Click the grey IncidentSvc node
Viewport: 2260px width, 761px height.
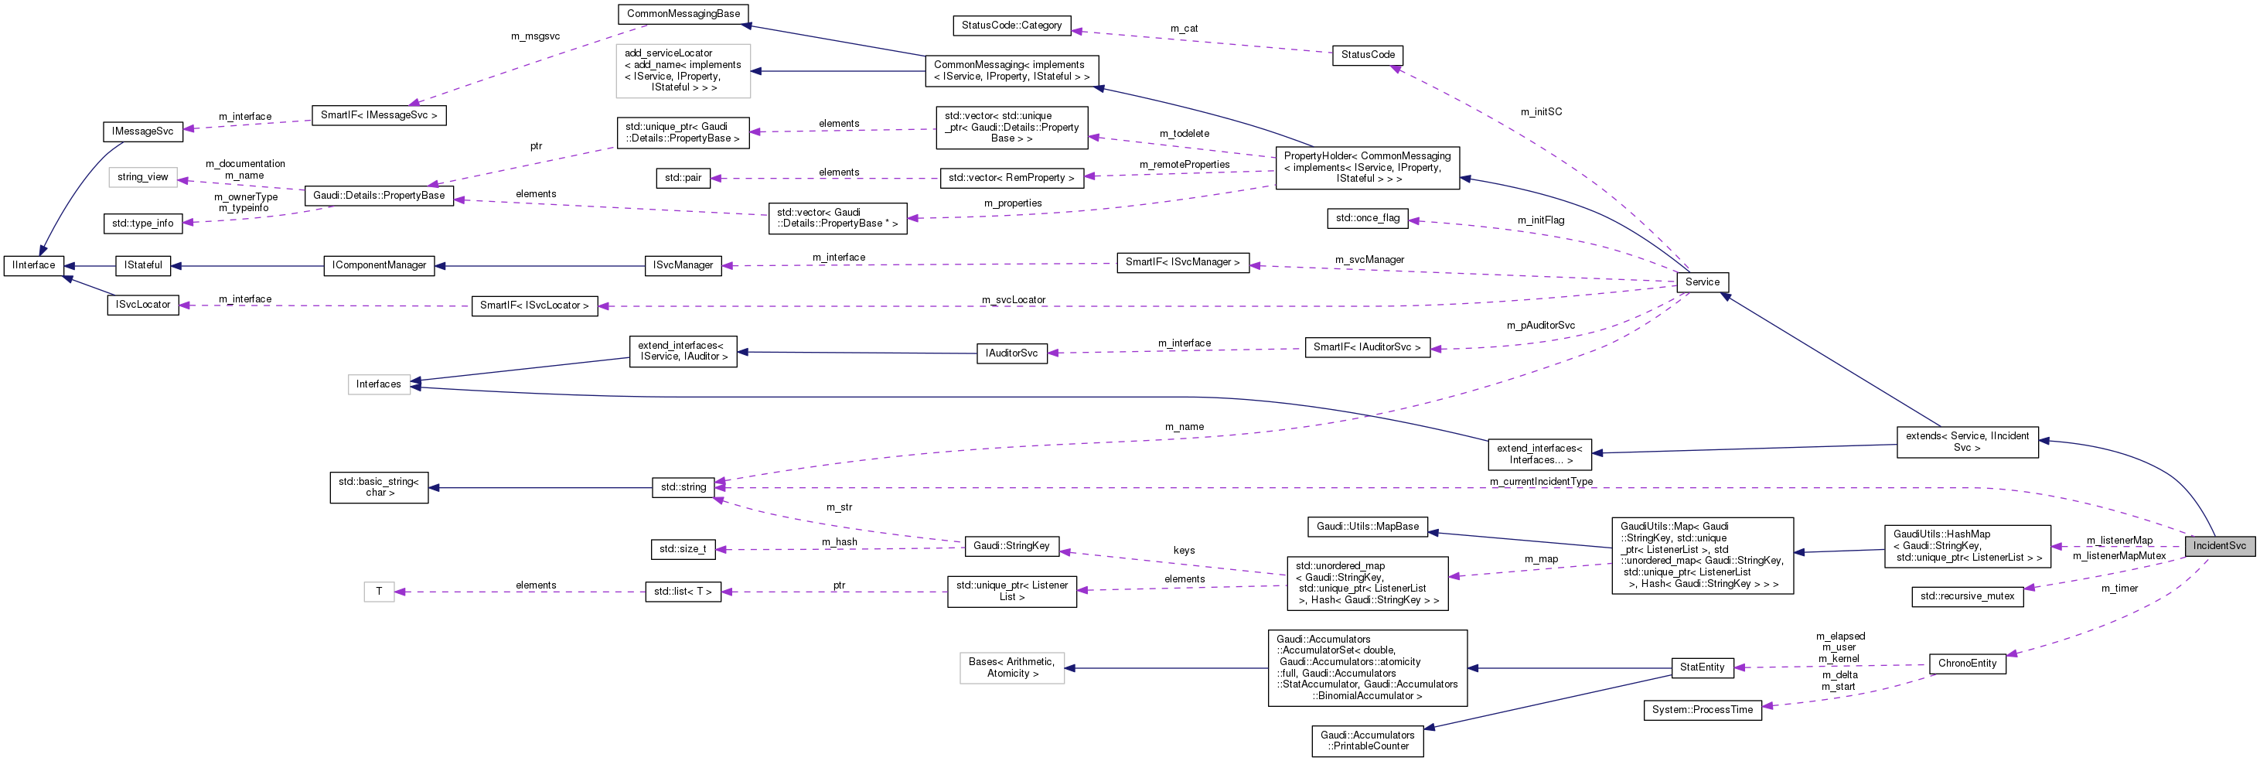tap(2219, 545)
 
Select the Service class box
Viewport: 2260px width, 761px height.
tap(1701, 282)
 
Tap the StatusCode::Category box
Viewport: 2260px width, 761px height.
tap(1011, 26)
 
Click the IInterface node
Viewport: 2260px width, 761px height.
tap(33, 265)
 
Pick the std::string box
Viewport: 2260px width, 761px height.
tap(683, 487)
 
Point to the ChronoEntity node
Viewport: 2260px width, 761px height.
tap(1966, 664)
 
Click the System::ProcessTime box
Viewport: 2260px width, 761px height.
tap(1701, 710)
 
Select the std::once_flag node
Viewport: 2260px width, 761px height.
tap(1367, 217)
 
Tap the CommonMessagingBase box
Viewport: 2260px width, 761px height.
tap(683, 14)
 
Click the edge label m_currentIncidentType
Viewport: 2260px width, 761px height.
tap(1541, 481)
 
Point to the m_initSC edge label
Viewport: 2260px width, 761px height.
tap(1541, 111)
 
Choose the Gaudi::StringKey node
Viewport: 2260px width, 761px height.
tap(1011, 546)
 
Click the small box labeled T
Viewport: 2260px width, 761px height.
tap(379, 592)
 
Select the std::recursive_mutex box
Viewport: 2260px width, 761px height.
tap(1966, 596)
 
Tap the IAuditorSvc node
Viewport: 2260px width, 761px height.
tap(1011, 353)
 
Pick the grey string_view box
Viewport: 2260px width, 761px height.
tap(143, 177)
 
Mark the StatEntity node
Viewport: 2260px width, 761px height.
tap(1701, 667)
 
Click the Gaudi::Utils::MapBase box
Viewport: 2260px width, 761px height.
tap(1367, 527)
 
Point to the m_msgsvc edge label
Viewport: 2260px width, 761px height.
tap(535, 36)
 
